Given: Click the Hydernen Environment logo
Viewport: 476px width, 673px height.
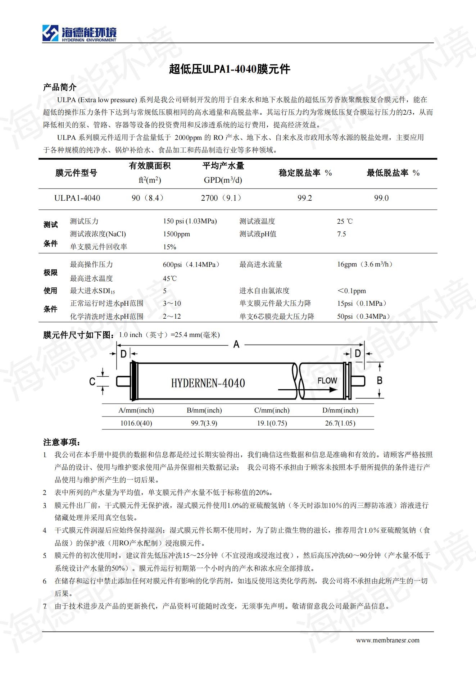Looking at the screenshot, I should pos(79,34).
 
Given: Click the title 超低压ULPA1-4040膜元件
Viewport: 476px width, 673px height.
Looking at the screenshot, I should pos(230,69).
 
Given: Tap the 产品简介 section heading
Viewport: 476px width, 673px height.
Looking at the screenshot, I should pos(60,87).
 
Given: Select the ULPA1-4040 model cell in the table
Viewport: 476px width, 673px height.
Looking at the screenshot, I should pos(77,198).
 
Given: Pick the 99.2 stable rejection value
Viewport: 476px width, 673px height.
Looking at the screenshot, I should pos(304,198).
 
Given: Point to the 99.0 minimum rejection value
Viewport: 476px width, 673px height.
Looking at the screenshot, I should pos(381,198).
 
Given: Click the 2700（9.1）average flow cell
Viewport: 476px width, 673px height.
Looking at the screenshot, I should pos(221,198).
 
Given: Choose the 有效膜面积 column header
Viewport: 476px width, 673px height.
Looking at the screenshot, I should pos(150,166).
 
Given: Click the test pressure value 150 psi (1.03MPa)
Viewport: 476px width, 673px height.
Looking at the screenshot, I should pos(190,221).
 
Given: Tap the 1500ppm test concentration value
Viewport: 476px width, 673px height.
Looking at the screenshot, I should pos(176,234).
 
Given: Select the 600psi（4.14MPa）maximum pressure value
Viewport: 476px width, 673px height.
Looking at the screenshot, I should pos(191,265).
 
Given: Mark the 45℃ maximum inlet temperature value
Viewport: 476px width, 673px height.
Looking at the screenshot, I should pos(170,278).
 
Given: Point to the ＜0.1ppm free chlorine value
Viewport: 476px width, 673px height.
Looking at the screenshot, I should pos(352,291).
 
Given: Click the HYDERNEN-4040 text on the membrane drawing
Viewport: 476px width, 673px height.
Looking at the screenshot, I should pos(208,383).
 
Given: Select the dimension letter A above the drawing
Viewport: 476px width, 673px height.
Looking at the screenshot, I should pos(236,345).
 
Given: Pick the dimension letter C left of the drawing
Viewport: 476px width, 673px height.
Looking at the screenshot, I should pos(92,382).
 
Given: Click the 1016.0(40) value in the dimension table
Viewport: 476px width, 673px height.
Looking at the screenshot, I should pos(136,423).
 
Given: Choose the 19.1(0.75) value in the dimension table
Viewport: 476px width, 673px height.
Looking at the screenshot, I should pos(272,423).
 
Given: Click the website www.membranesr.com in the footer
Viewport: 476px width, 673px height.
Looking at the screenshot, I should pos(387,640).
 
